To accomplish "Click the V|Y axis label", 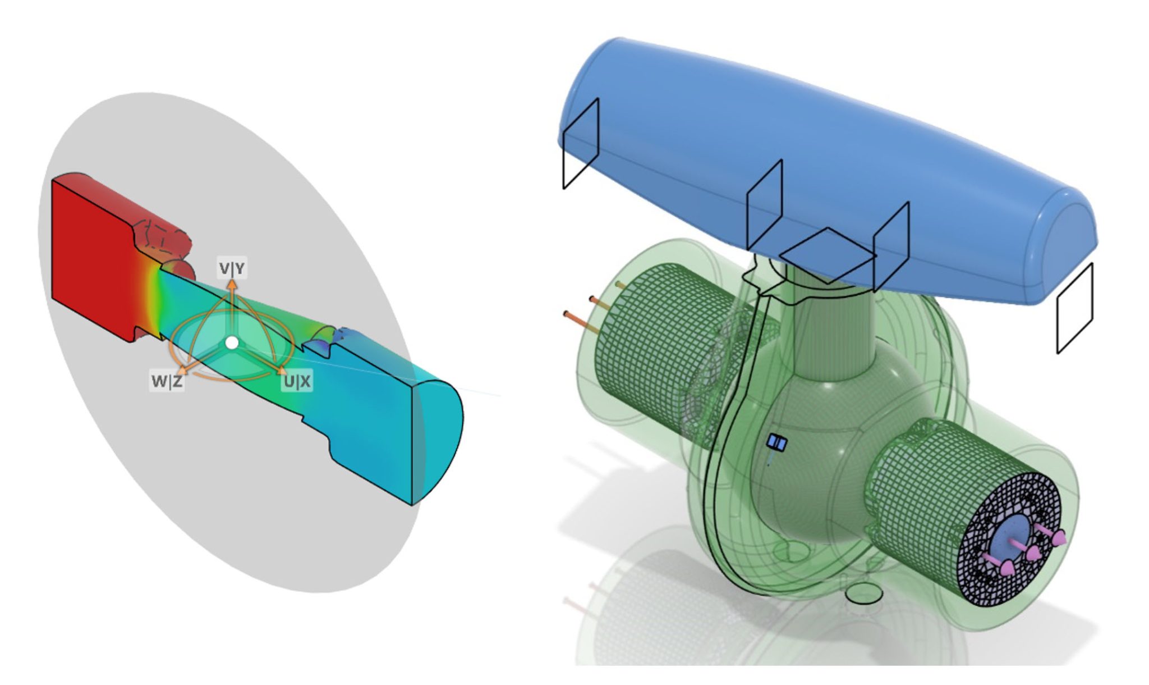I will point(232,269).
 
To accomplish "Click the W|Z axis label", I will point(167,382).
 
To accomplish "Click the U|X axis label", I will point(297,382).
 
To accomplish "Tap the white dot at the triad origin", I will point(232,342).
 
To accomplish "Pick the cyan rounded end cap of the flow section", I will point(440,438).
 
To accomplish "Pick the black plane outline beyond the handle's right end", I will point(1075,309).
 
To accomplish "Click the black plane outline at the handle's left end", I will point(581,144).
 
